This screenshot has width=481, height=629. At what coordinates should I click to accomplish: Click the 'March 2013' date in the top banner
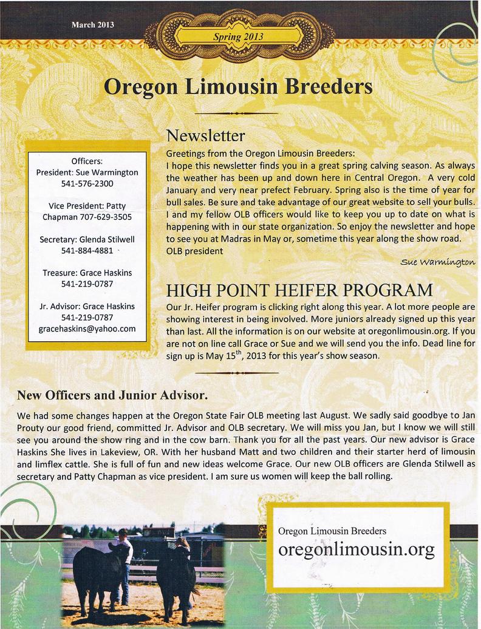tap(93, 25)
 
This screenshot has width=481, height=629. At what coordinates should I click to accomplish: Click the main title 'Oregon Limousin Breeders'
tap(238, 86)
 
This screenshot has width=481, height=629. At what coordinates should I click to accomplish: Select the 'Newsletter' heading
tap(206, 134)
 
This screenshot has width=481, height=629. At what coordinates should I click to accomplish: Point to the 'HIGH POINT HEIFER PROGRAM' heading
tap(299, 288)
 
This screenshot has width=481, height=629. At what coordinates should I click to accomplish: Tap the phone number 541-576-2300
tap(87, 183)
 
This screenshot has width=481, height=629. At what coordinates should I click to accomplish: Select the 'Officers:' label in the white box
tap(87, 161)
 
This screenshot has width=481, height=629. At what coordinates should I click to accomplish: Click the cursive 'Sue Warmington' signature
tap(437, 262)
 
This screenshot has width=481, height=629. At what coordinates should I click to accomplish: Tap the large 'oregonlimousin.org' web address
tap(356, 549)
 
